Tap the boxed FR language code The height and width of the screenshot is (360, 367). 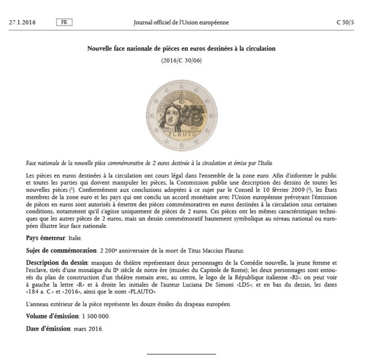[x=64, y=22]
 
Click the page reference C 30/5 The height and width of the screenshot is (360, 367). [x=345, y=22]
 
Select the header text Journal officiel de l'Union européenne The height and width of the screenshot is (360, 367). [x=181, y=22]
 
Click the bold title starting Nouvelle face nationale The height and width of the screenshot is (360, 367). [x=181, y=49]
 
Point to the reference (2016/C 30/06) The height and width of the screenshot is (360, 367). [x=181, y=61]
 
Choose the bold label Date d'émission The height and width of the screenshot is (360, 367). [x=48, y=328]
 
